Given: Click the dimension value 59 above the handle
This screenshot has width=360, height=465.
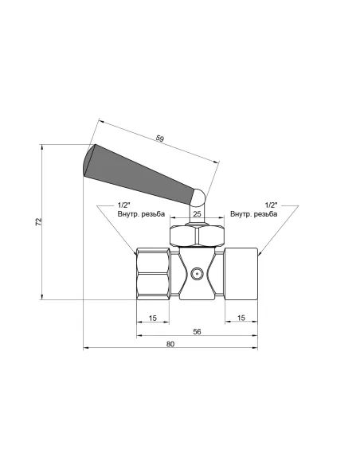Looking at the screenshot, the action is (x=160, y=139).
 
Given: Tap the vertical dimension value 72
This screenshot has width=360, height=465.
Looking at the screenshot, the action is (x=39, y=222).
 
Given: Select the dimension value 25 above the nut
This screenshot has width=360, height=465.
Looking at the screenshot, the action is (x=197, y=214).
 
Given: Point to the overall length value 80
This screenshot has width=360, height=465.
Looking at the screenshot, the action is (x=170, y=344).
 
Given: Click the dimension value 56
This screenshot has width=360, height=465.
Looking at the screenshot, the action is (x=197, y=331).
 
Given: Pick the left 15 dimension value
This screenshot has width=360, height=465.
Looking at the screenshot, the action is (x=152, y=318).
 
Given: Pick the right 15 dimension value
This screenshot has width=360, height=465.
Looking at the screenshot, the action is (x=241, y=318).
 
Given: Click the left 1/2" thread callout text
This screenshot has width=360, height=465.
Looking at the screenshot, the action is (x=124, y=205).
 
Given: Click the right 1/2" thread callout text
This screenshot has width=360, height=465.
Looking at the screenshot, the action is (x=271, y=205).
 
